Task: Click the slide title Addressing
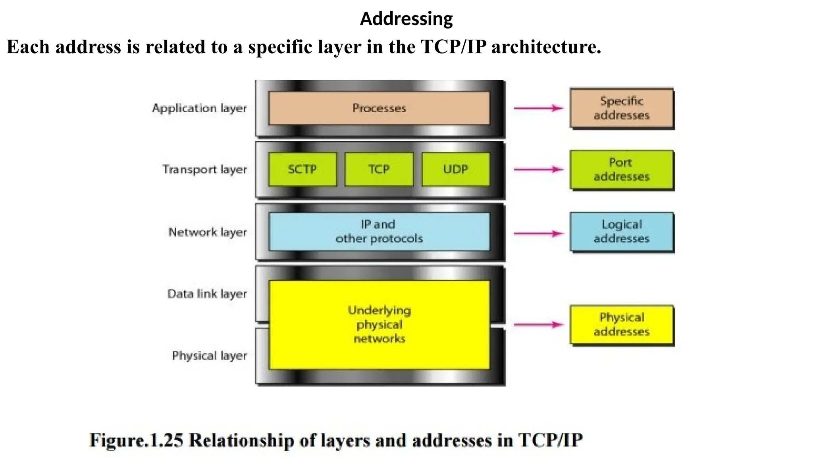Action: [406, 19]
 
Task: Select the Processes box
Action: [379, 108]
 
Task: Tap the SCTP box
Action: [302, 169]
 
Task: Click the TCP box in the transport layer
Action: [379, 169]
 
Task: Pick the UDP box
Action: [456, 169]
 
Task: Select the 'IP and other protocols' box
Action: [379, 232]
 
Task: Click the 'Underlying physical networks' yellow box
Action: [379, 325]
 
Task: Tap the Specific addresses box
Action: [622, 108]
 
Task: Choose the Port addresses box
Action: [622, 169]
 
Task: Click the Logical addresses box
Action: [622, 232]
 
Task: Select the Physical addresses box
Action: [622, 325]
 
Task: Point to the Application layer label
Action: [199, 108]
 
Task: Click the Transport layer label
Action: [204, 170]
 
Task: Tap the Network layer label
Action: [208, 232]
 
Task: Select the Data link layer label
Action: [207, 294]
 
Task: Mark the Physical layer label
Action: [210, 356]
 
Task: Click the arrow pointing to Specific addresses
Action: [539, 108]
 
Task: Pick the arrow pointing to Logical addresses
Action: [539, 233]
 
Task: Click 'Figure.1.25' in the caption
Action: [136, 440]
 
